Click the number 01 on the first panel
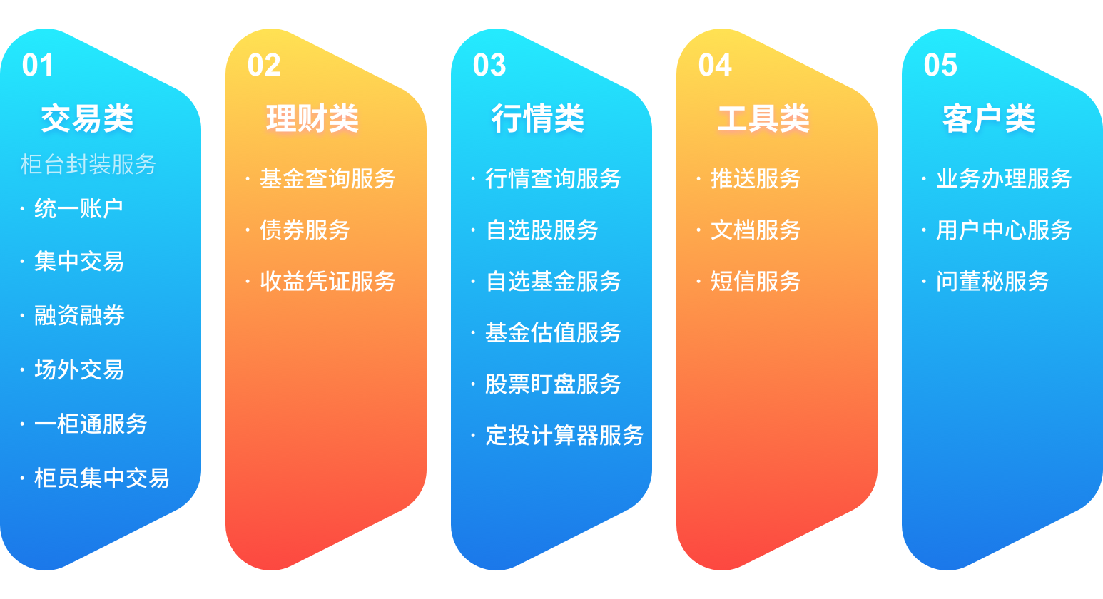pyautogui.click(x=38, y=66)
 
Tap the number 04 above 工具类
pyautogui.click(x=715, y=66)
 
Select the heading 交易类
pyautogui.click(x=87, y=118)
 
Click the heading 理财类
pyautogui.click(x=312, y=118)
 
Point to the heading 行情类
pyautogui.click(x=538, y=118)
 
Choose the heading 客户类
pyautogui.click(x=989, y=118)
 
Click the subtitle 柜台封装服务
pyautogui.click(x=88, y=165)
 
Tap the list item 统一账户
pyautogui.click(x=78, y=209)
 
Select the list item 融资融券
pyautogui.click(x=79, y=315)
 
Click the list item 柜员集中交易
pyautogui.click(x=101, y=478)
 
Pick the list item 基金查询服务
pyautogui.click(x=327, y=179)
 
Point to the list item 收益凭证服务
pyautogui.click(x=327, y=282)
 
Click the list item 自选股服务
pyautogui.click(x=542, y=230)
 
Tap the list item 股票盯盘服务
pyautogui.click(x=553, y=384)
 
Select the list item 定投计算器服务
pyautogui.click(x=564, y=436)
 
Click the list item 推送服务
pyautogui.click(x=756, y=179)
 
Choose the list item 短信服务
pyautogui.click(x=756, y=282)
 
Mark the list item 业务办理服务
pyautogui.click(x=1004, y=179)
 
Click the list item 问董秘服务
pyautogui.click(x=992, y=282)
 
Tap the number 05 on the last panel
pyautogui.click(x=940, y=66)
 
